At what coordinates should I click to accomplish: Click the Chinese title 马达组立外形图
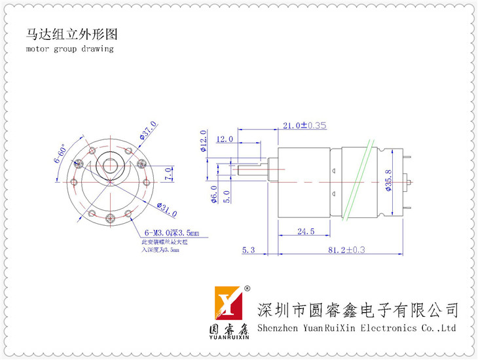pyautogui.click(x=72, y=34)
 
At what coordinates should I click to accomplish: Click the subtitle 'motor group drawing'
pyautogui.click(x=70, y=49)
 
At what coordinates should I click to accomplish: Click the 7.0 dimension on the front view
pyautogui.click(x=168, y=174)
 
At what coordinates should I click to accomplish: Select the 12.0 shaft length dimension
pyautogui.click(x=224, y=139)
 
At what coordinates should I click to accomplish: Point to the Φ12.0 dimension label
pyautogui.click(x=204, y=140)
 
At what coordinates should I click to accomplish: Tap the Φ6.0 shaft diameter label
pyautogui.click(x=213, y=194)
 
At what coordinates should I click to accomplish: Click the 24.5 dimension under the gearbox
pyautogui.click(x=306, y=231)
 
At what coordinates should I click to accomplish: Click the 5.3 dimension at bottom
pyautogui.click(x=248, y=250)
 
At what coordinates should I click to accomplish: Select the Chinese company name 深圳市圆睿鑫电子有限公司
pyautogui.click(x=358, y=309)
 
